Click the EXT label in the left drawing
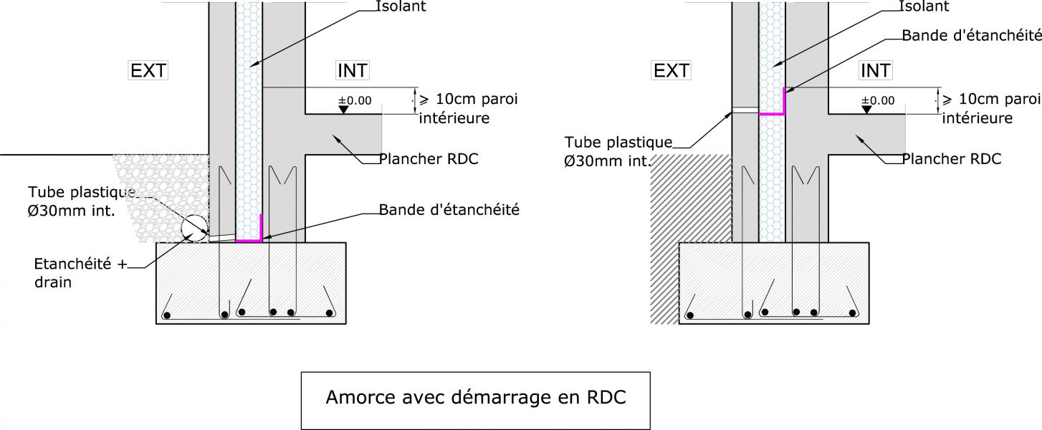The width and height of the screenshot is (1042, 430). [x=148, y=70]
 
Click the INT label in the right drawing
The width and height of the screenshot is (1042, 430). [x=875, y=70]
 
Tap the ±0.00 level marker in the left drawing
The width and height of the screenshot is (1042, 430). [x=355, y=100]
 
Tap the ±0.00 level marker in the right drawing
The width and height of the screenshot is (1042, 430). [x=878, y=100]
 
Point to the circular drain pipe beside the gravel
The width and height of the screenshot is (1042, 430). [x=194, y=227]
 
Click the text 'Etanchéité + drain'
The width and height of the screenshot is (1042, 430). [x=80, y=273]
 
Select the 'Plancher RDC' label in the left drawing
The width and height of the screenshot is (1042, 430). [x=429, y=158]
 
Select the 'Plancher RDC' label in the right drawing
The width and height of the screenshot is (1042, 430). [x=952, y=158]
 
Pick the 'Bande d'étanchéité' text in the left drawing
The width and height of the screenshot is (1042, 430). [x=449, y=210]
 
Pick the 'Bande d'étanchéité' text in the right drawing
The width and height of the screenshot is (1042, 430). [x=972, y=35]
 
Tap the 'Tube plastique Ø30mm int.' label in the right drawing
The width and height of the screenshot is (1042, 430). [x=618, y=152]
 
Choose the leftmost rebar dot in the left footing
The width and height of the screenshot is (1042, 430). [x=166, y=315]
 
